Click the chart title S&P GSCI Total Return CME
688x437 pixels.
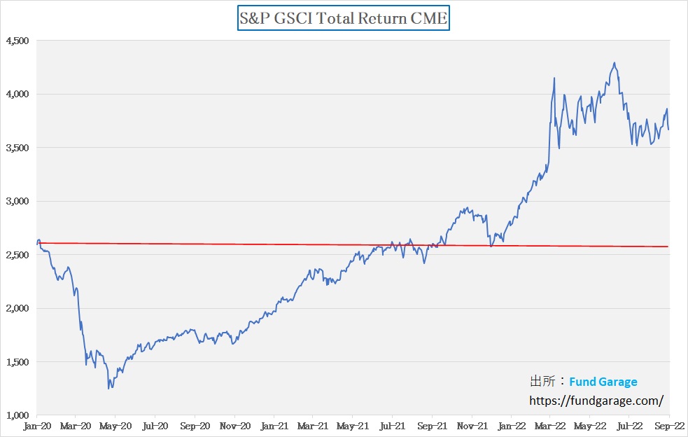(x=343, y=19)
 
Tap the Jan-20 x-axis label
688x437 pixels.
(x=36, y=425)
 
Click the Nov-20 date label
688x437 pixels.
(x=234, y=425)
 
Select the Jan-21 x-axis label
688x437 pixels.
(x=274, y=425)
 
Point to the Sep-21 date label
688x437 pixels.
(x=432, y=425)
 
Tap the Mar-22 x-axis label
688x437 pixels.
(x=551, y=425)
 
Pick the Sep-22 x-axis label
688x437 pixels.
(x=668, y=425)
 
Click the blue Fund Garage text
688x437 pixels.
(x=603, y=382)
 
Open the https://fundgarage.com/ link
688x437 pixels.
(x=595, y=401)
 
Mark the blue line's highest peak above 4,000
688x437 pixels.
(x=615, y=63)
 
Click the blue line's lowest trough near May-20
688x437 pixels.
(x=108, y=388)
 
